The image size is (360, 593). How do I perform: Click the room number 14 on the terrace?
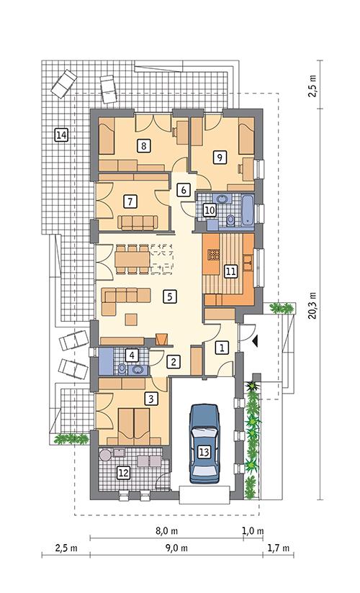[x=61, y=135]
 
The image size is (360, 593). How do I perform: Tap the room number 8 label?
[x=145, y=145]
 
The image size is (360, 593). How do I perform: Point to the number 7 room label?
[x=130, y=200]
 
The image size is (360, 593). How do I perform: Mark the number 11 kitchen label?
[x=230, y=271]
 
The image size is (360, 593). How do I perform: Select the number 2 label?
[x=174, y=362]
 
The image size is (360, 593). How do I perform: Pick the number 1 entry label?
[x=222, y=348]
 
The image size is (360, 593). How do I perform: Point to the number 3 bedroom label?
[x=150, y=398]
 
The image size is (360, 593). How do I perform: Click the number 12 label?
[x=123, y=473]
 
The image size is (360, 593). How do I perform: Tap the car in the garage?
[x=204, y=443]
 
